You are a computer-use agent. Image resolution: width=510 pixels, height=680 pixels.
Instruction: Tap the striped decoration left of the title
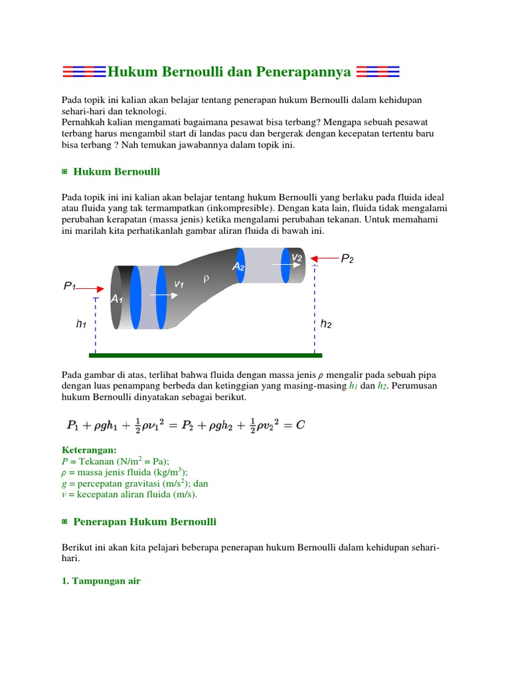point(83,72)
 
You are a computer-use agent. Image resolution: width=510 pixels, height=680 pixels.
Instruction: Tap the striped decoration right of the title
point(378,72)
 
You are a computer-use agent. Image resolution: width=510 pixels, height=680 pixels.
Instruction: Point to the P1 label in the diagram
point(70,286)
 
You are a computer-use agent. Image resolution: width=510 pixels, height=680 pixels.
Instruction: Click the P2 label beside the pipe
point(347,259)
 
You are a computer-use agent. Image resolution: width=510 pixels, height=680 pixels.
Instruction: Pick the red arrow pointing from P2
point(325,258)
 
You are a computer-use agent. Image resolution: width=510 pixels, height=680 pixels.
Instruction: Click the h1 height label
point(82,325)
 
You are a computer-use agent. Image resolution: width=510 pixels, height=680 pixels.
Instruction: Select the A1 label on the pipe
point(117,299)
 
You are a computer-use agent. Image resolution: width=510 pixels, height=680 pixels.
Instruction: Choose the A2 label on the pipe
point(238,266)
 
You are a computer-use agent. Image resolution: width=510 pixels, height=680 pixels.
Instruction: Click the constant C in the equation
point(300,425)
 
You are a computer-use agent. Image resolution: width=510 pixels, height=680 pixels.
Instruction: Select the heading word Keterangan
point(88,450)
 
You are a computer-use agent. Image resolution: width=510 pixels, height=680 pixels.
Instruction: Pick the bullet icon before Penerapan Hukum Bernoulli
point(64,522)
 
